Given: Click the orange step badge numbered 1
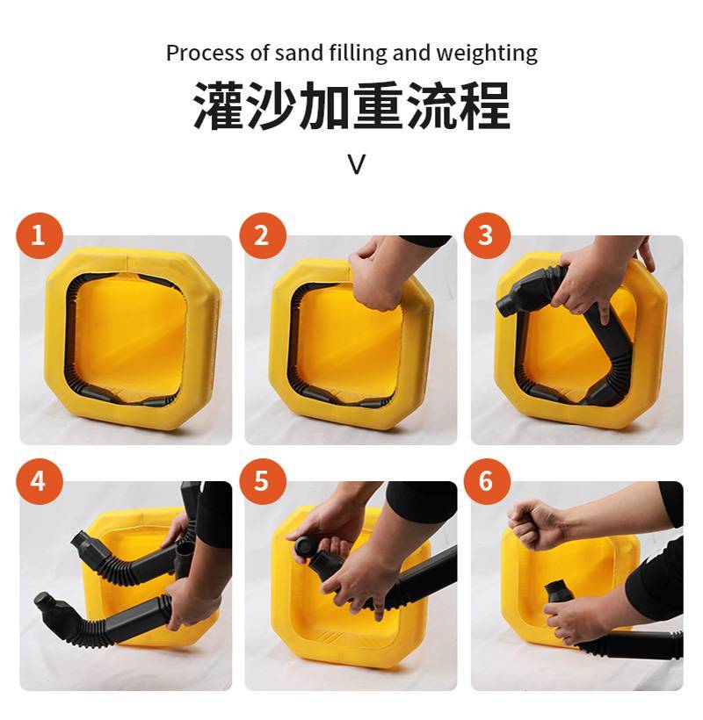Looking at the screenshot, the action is tap(39, 235).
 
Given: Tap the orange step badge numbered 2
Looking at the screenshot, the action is tap(263, 235).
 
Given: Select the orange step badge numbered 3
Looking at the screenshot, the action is tap(487, 235).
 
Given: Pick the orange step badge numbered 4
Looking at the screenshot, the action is tap(39, 481).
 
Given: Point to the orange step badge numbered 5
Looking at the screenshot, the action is tap(263, 481).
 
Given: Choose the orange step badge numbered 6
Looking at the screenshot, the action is tap(487, 481).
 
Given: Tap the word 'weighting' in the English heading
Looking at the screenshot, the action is tap(487, 54).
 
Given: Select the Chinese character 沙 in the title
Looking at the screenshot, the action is tap(272, 105).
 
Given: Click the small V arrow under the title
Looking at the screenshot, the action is tap(357, 164).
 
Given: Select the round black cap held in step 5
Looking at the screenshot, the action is tap(304, 546).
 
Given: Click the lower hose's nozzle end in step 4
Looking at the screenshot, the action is tap(46, 602).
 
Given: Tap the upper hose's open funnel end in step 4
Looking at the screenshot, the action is tap(81, 541).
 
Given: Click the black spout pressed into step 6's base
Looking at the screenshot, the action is tap(558, 593).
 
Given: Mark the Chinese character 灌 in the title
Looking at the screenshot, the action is tap(219, 105).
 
